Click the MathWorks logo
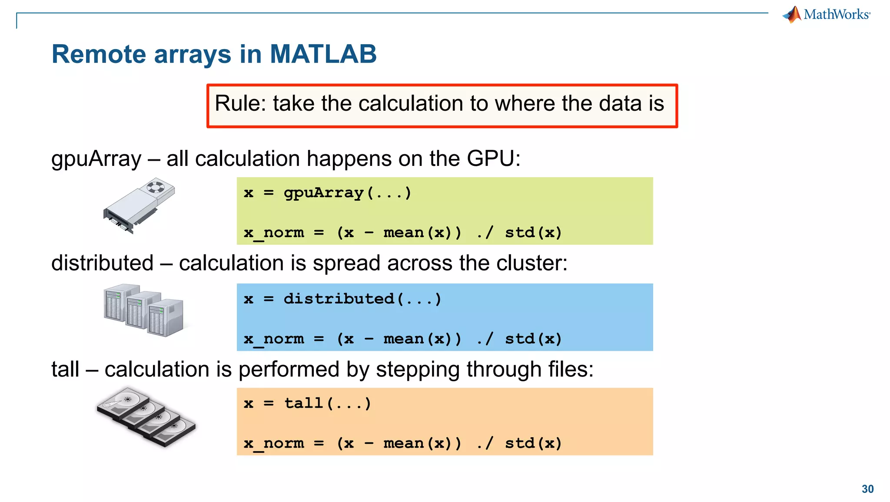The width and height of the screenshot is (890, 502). pyautogui.click(x=827, y=14)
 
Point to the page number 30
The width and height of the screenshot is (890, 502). pyautogui.click(x=867, y=489)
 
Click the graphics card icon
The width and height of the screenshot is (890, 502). pyautogui.click(x=139, y=206)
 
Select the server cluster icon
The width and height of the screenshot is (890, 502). pyautogui.click(x=143, y=310)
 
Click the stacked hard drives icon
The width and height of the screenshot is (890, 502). pyautogui.click(x=146, y=417)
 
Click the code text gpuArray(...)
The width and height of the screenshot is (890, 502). pyautogui.click(x=347, y=193)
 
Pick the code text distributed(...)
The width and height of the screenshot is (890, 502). pyautogui.click(x=362, y=299)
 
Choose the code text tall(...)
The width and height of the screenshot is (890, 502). pyautogui.click(x=328, y=403)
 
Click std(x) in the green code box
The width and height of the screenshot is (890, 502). pyautogui.click(x=533, y=233)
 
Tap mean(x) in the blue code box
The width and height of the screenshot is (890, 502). pyautogui.click(x=422, y=339)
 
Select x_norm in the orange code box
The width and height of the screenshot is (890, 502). pyautogui.click(x=274, y=443)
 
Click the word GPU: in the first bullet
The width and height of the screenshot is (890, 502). pyautogui.click(x=493, y=159)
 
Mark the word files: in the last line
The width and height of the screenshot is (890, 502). pyautogui.click(x=570, y=370)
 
